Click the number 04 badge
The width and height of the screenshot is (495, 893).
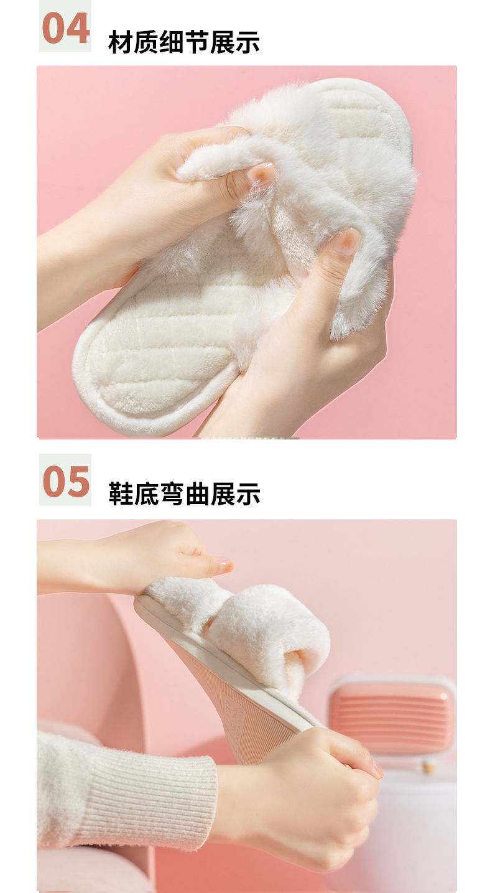[65, 26]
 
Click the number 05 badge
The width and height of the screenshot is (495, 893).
[65, 480]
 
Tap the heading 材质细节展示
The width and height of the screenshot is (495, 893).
[184, 42]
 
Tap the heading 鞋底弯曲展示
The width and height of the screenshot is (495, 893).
[184, 494]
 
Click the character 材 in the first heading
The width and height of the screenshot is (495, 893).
[121, 42]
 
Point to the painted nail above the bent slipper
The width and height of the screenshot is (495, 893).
[225, 565]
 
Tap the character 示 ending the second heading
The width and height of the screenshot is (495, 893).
[248, 494]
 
